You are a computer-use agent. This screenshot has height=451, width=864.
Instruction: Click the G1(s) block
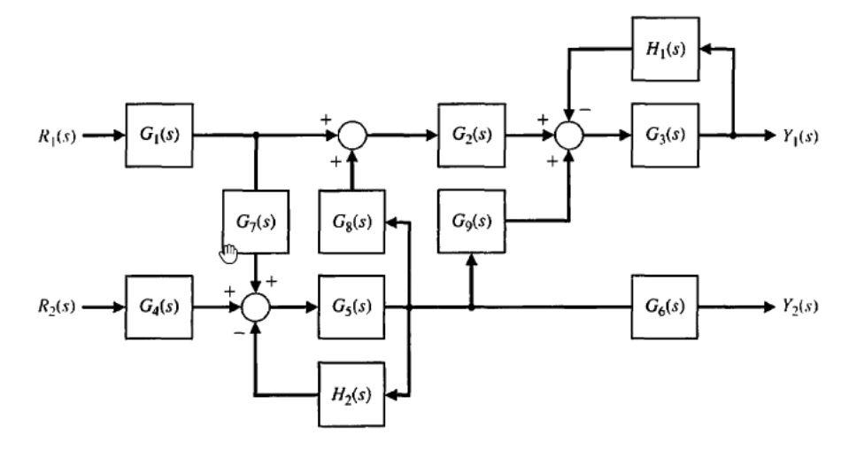[x=160, y=136]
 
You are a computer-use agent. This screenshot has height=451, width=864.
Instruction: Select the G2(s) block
[x=472, y=136]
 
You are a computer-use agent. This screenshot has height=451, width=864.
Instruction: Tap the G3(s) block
[x=665, y=136]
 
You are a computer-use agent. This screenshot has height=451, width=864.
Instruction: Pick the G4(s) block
[x=160, y=307]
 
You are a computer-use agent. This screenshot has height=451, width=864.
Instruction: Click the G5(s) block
[x=352, y=307]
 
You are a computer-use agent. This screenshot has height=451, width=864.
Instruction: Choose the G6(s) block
[x=665, y=307]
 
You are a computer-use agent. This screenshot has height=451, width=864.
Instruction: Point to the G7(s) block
[x=255, y=221]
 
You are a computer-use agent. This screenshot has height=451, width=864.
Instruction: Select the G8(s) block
[x=352, y=221]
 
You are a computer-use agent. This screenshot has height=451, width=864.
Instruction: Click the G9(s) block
[x=472, y=221]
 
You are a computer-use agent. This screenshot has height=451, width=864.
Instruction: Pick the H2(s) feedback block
[x=352, y=393]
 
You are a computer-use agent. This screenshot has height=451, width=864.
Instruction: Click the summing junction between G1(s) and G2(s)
[x=352, y=136]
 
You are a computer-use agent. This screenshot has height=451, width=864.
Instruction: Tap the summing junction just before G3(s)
[x=568, y=136]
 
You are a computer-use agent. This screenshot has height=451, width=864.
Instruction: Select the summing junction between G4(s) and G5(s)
[x=255, y=307]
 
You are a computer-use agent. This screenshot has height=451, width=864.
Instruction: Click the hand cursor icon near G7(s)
[x=228, y=253]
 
